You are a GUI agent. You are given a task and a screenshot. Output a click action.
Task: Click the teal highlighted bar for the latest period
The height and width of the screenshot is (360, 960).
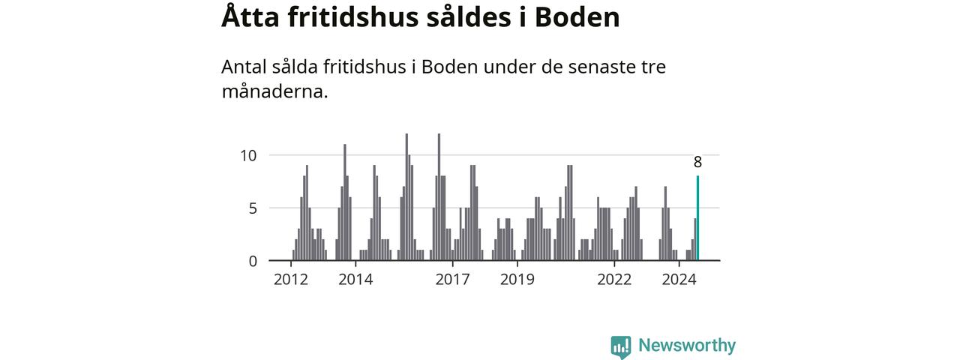tap(697, 218)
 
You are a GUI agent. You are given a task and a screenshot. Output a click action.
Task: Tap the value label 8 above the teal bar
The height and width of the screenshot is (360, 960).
tap(697, 162)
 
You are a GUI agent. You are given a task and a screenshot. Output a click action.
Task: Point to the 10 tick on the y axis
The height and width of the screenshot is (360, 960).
tap(248, 155)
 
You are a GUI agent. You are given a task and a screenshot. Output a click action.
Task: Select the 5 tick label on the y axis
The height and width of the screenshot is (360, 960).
tap(253, 208)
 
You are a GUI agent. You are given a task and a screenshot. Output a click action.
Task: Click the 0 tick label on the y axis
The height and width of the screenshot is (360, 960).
tap(253, 261)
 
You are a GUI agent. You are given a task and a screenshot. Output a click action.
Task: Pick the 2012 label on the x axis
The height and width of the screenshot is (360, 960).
tap(291, 280)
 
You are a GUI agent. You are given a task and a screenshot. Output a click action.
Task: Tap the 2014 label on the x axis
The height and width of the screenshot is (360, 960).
tap(355, 280)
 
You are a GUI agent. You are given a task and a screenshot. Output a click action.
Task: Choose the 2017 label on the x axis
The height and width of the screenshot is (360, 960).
tap(452, 280)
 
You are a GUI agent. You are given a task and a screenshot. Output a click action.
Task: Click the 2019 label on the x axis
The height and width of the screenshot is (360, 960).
tap(517, 280)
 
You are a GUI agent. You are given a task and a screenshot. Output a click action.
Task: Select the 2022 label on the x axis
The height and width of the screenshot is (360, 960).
tap(614, 280)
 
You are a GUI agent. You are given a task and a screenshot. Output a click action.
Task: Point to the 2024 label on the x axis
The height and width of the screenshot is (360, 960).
tap(679, 280)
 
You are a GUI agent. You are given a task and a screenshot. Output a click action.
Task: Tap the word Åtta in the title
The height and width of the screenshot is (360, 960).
tap(249, 17)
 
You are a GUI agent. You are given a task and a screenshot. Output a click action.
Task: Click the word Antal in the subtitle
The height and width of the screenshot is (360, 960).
tap(244, 67)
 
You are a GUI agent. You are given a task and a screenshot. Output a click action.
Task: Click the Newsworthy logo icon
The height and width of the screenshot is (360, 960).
tap(621, 346)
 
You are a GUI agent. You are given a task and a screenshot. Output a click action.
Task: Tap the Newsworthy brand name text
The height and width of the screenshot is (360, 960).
tap(686, 346)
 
